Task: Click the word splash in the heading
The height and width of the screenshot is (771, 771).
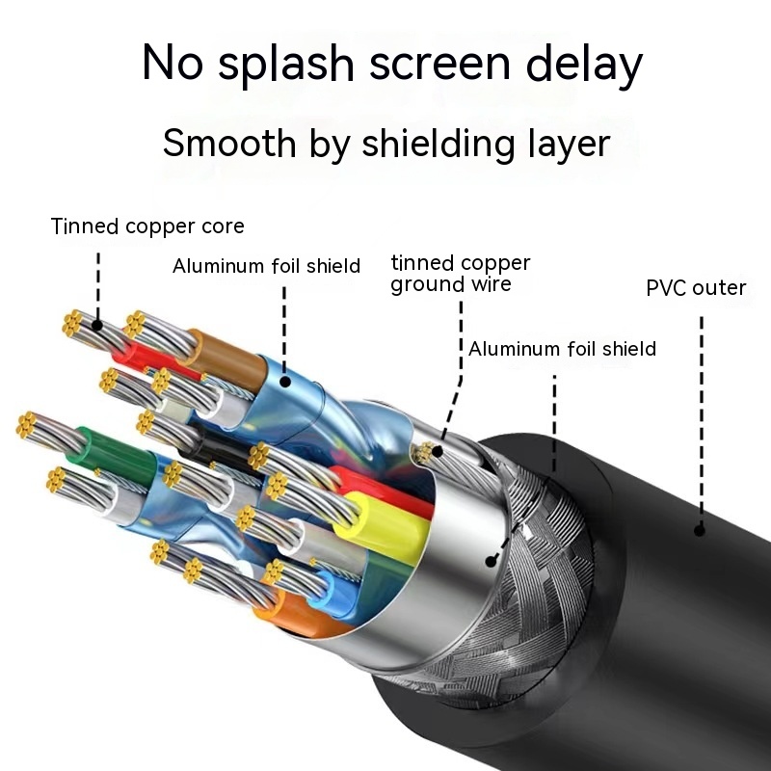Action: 274,66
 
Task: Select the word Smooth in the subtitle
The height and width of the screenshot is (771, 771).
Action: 229,143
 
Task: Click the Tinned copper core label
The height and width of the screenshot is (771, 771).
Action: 147,226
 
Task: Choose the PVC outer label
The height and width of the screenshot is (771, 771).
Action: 696,287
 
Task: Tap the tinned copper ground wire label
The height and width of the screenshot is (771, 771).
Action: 461,274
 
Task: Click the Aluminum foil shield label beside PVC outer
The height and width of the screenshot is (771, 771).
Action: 562,348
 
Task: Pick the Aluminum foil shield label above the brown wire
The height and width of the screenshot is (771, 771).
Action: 266,266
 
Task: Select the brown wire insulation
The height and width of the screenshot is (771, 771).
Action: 226,359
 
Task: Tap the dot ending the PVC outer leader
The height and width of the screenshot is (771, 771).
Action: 701,528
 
